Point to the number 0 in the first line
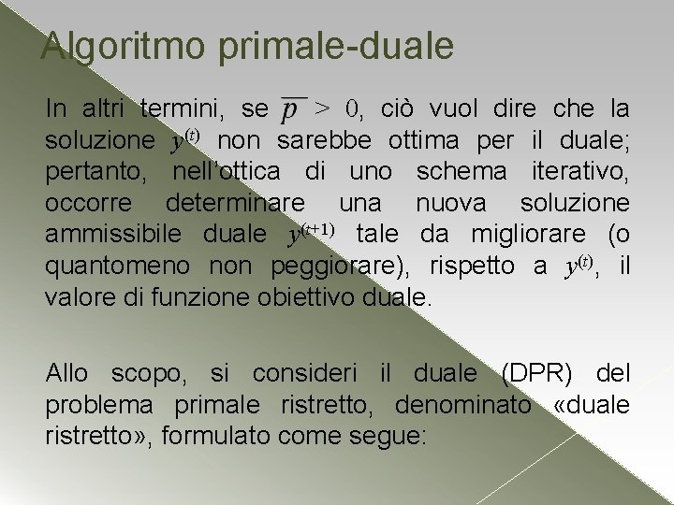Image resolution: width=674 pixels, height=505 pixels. (x=352, y=108)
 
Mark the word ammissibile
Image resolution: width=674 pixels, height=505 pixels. (x=119, y=235)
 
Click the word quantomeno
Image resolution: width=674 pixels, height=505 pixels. (x=117, y=267)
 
